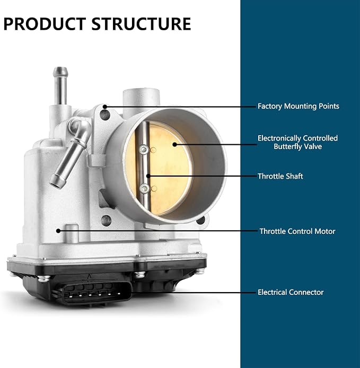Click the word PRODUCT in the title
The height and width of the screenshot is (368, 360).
click(x=45, y=24)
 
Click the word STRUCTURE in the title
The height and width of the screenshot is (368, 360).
click(x=141, y=24)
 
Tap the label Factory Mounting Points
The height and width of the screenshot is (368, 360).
click(x=298, y=106)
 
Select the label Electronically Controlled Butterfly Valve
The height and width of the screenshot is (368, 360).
click(x=297, y=142)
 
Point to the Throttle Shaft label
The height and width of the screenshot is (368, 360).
click(x=280, y=176)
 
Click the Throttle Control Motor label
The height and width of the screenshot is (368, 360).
click(x=297, y=231)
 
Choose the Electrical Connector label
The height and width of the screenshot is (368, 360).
click(x=291, y=292)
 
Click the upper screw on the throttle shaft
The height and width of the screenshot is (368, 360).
click(x=144, y=149)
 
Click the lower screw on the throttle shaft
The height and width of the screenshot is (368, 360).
click(x=145, y=188)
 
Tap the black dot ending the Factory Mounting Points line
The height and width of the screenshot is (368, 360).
click(x=105, y=107)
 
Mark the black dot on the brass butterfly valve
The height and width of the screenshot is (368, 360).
click(x=174, y=144)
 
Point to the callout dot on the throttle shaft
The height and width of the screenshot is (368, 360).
click(x=148, y=176)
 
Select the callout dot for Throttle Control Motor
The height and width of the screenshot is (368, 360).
click(x=58, y=231)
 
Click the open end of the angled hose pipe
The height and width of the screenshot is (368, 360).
click(x=57, y=181)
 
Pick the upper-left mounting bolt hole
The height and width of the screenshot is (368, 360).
click(x=105, y=115)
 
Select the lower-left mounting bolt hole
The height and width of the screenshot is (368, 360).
click(x=106, y=221)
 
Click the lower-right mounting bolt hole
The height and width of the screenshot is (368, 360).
click(x=200, y=220)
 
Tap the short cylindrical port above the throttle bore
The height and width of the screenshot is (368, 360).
click(x=141, y=99)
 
